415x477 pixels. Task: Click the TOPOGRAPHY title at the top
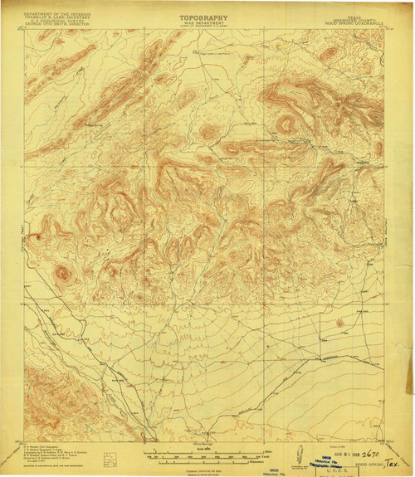click(x=203, y=16)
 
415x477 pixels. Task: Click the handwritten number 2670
click(x=365, y=455)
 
